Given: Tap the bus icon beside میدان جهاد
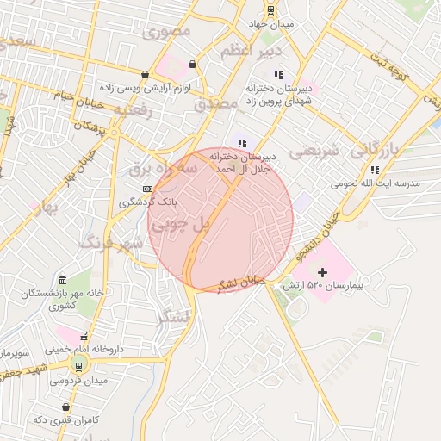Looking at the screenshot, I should (x=270, y=10).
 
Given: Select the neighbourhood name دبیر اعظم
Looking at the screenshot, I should (x=249, y=53).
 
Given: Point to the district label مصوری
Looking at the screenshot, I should (x=168, y=34).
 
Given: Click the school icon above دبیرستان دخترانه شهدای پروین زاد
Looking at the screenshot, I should (x=277, y=74).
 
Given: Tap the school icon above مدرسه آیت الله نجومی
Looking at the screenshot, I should (x=374, y=170).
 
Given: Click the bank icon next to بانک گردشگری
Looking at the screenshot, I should (x=147, y=189).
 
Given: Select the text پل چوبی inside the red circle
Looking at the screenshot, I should (x=181, y=224).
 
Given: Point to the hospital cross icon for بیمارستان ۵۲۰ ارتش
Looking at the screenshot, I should (x=322, y=272).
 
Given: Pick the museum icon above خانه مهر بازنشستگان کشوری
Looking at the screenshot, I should (x=62, y=280).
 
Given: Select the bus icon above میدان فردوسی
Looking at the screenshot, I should (x=79, y=366).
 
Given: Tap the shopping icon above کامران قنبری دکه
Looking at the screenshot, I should (x=66, y=406).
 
